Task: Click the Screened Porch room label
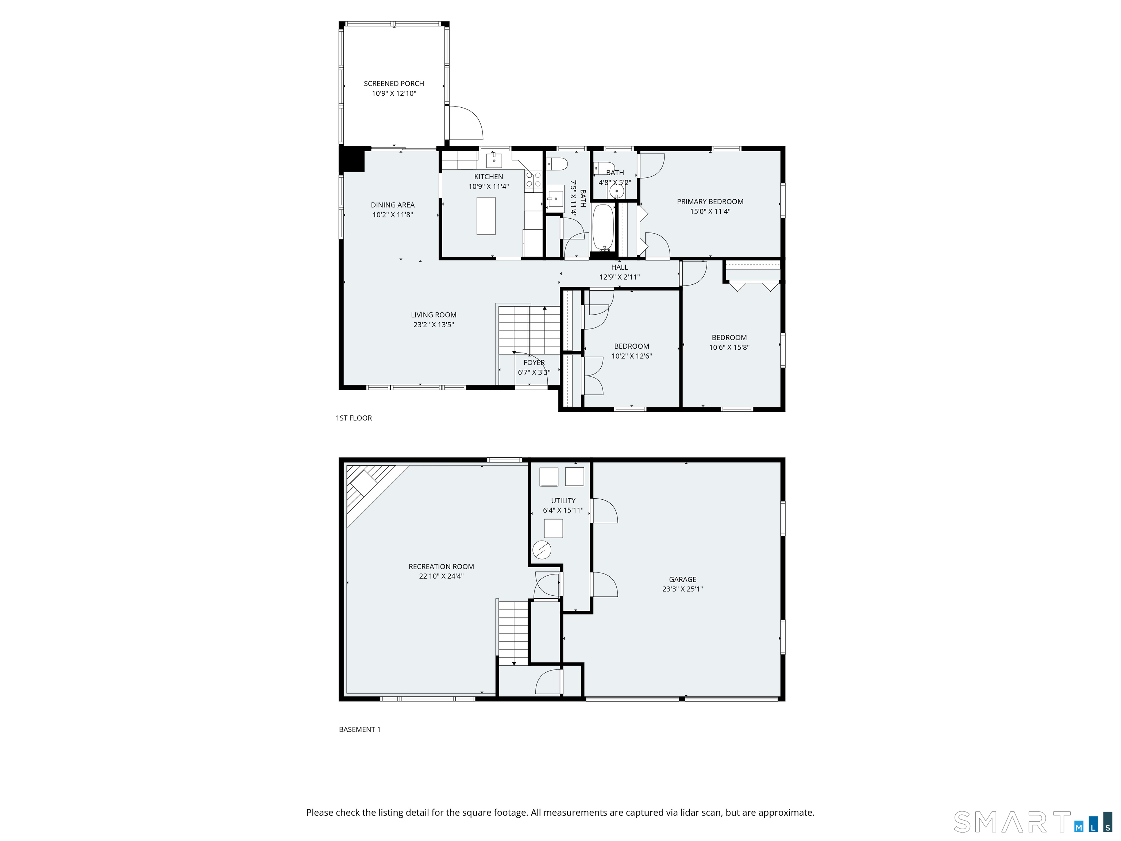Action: click(x=394, y=84)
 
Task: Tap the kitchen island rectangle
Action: click(x=486, y=216)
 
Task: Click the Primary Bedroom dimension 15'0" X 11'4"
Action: click(x=710, y=211)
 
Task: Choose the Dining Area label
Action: click(x=393, y=205)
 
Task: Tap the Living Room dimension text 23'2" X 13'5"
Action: click(x=434, y=325)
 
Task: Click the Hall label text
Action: click(x=619, y=267)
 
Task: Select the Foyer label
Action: click(x=534, y=362)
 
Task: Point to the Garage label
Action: click(x=683, y=579)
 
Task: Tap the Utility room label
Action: click(x=563, y=500)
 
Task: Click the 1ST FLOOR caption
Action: click(x=354, y=418)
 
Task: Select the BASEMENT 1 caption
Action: click(x=359, y=729)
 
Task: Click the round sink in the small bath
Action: click(x=617, y=191)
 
